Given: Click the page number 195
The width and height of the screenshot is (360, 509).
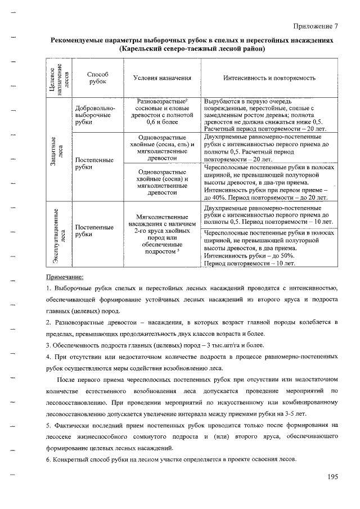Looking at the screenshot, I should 331,477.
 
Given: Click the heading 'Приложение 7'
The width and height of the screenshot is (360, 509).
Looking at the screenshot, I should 316,26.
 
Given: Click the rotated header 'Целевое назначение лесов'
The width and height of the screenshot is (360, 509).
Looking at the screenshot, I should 61,79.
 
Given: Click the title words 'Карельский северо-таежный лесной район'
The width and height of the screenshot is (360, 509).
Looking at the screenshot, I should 192,49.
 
